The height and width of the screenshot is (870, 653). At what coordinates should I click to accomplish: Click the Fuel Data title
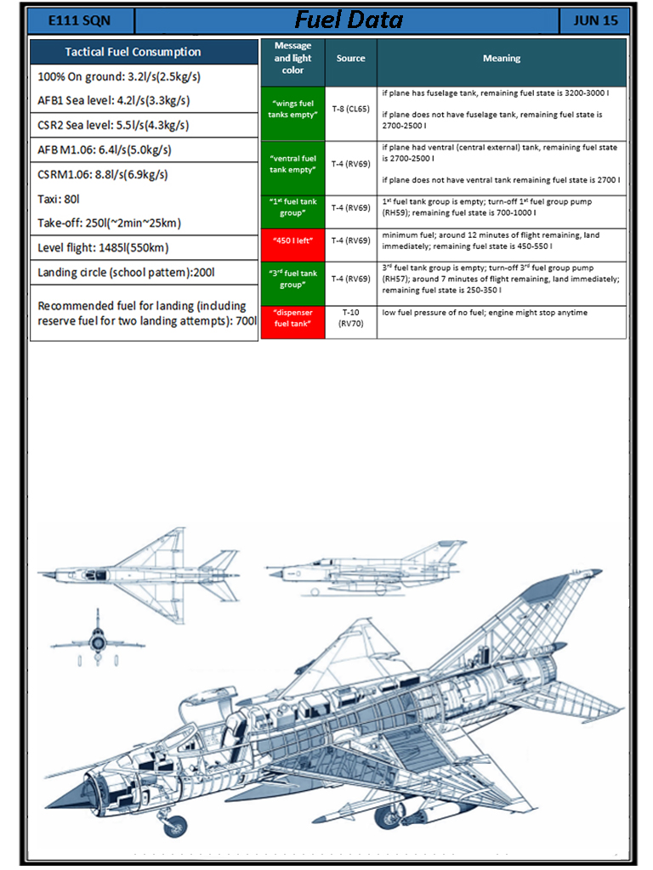coord(349,20)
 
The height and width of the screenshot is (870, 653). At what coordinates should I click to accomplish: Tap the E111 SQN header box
coord(79,20)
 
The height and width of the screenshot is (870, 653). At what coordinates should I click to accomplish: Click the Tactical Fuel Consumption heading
coord(145,52)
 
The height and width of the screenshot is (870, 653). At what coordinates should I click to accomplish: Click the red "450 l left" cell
coord(292,240)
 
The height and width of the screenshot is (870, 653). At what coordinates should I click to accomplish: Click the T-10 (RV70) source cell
coord(350,318)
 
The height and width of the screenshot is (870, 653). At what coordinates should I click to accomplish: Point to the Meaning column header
coord(502,59)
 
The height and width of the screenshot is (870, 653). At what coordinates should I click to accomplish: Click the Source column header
coord(350,59)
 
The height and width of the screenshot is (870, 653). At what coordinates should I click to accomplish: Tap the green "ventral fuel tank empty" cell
coord(292,164)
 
